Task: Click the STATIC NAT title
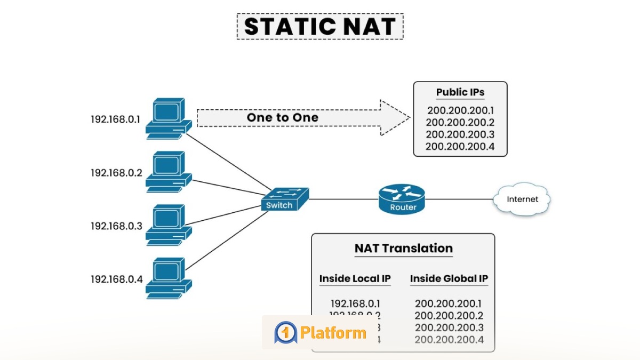[x=320, y=27]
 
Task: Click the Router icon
[x=403, y=199]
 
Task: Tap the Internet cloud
[x=522, y=199]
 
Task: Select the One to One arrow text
[x=283, y=117]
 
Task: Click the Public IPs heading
[x=460, y=92]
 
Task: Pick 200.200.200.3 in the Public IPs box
[x=460, y=134]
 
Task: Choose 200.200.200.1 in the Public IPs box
[x=460, y=111]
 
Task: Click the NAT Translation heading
[x=403, y=248]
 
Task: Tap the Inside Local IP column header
[x=355, y=278]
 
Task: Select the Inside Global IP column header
[x=449, y=278]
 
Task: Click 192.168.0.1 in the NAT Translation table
[x=355, y=304]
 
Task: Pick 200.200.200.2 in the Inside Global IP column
[x=449, y=316]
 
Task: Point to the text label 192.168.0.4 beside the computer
[x=117, y=278]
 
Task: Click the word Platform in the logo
[x=333, y=333]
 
